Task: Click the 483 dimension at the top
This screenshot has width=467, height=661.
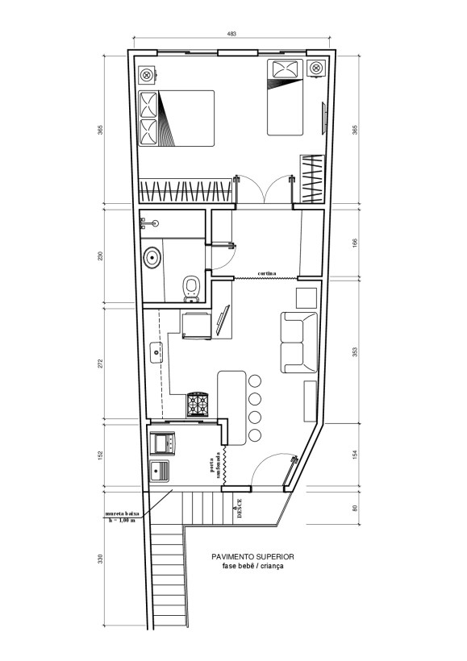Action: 231,34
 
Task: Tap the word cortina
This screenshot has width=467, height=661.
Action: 267,273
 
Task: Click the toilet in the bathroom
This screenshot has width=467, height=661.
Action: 191,289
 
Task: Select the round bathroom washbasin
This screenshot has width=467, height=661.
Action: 152,258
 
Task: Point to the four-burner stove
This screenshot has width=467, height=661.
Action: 198,405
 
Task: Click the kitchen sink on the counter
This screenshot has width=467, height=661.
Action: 156,352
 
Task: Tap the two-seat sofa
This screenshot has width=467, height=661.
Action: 298,343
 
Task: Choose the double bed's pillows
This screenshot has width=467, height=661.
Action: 148,118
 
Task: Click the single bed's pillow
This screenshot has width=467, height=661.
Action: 286,69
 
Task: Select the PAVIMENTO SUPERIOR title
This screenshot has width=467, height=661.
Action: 252,556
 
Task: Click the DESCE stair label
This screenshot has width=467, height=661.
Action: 240,509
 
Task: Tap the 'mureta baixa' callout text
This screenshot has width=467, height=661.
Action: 122,513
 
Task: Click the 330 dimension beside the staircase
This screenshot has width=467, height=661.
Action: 100,559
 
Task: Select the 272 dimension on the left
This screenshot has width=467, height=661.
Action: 100,364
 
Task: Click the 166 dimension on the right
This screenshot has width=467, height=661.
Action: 355,243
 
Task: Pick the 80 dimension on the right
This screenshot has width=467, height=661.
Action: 355,508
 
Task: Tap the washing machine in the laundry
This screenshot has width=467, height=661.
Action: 165,442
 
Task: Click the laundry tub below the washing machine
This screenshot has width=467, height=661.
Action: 160,471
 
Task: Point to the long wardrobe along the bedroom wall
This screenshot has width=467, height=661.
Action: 186,191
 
